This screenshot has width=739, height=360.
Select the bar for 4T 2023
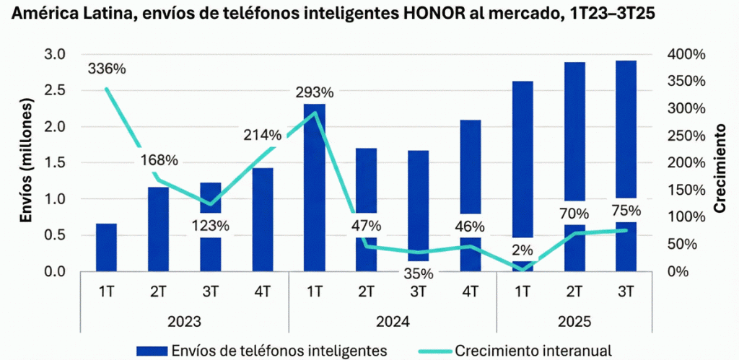click(262, 219)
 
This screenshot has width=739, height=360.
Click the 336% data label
click(107, 69)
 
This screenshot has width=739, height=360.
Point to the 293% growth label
click(314, 92)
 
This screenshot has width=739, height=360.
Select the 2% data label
click(522, 250)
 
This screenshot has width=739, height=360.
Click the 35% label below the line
click(418, 273)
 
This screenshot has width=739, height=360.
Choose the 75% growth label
click(626, 211)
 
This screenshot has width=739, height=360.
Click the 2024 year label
click(392, 320)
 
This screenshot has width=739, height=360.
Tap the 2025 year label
click(574, 320)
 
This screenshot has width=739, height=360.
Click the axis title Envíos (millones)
click(26, 162)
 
